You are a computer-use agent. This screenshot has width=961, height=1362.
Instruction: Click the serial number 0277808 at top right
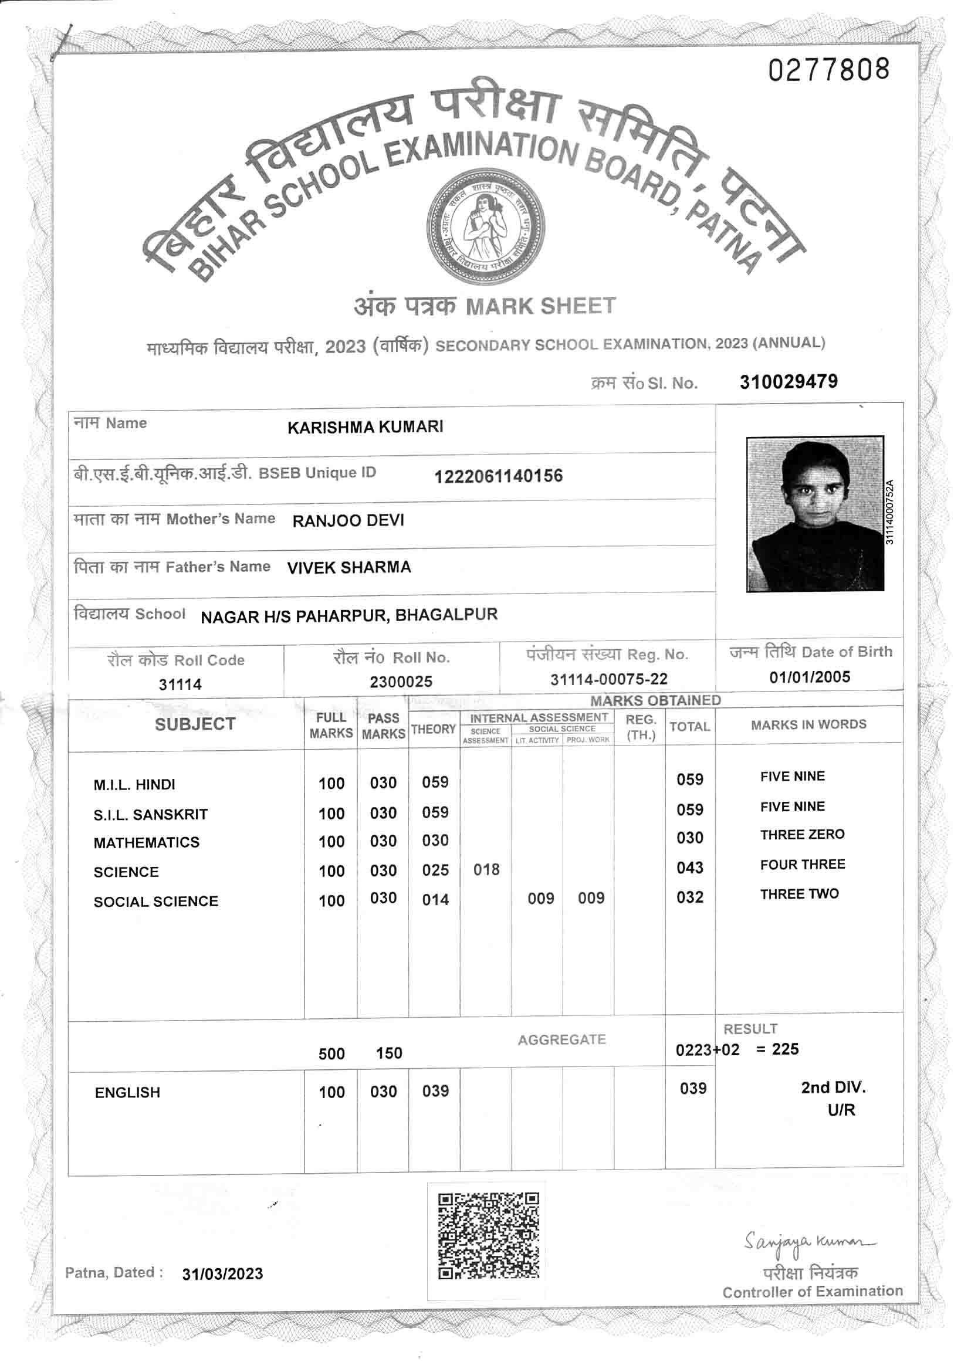click(829, 70)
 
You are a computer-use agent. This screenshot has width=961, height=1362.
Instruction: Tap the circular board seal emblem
click(486, 227)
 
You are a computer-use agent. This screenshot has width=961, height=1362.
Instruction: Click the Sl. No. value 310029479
click(789, 381)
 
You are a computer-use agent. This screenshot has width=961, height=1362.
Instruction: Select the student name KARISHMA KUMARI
click(365, 427)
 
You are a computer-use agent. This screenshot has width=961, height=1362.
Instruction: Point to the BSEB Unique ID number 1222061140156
click(498, 476)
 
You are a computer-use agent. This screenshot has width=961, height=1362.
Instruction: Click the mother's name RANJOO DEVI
click(348, 520)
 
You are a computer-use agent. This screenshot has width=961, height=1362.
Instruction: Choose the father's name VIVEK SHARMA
click(349, 567)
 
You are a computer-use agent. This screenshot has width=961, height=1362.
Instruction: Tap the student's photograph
click(814, 514)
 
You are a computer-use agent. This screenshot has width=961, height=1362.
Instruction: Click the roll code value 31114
click(180, 684)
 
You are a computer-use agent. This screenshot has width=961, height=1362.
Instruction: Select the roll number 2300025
click(401, 682)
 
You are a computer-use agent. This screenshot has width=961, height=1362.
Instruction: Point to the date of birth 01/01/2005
click(810, 677)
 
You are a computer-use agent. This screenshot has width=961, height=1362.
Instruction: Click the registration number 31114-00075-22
click(608, 679)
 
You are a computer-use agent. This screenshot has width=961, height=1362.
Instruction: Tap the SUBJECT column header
click(195, 724)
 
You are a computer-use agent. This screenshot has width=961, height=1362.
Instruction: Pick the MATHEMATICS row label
click(147, 842)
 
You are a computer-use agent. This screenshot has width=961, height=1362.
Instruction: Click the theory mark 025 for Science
click(435, 870)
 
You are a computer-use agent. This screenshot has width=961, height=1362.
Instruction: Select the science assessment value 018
click(486, 870)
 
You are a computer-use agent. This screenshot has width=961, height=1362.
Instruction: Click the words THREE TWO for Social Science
click(799, 894)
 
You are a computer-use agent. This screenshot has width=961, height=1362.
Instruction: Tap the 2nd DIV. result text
click(833, 1087)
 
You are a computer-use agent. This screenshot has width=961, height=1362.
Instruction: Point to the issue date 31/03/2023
click(222, 1273)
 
